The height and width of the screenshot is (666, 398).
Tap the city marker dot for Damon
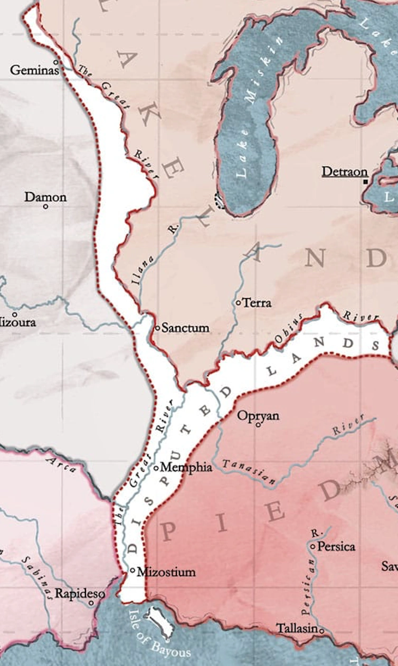point(45,206)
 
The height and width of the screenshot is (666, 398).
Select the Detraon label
point(345,172)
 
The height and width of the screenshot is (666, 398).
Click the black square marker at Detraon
point(365,182)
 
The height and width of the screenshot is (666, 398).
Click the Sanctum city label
point(185,328)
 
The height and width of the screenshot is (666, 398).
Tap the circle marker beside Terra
point(239,303)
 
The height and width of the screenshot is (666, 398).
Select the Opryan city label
point(258,416)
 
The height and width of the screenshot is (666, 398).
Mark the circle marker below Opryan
point(258,424)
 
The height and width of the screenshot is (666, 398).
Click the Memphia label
point(186,467)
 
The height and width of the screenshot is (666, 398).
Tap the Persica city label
point(336,546)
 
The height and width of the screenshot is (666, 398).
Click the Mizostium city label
point(166,572)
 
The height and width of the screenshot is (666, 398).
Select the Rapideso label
point(72,593)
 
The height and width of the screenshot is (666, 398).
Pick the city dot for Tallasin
point(321,630)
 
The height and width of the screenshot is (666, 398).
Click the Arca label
point(62,463)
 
